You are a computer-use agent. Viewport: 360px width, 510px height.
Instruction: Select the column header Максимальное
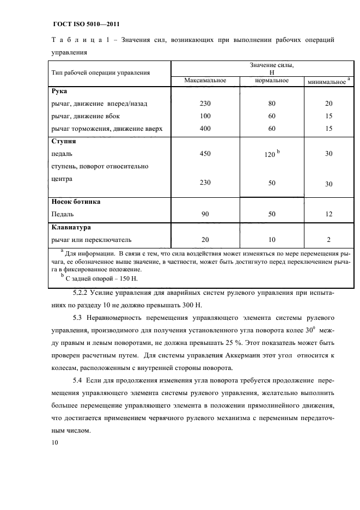point(205,81)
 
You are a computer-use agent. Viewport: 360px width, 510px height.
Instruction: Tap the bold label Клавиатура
point(71,227)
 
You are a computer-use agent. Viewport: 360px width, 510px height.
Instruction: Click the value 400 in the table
point(205,129)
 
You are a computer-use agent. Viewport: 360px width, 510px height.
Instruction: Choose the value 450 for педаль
point(205,154)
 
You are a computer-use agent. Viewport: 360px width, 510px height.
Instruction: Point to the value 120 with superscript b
point(270,155)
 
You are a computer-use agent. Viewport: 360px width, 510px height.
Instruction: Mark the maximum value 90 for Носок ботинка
point(205,215)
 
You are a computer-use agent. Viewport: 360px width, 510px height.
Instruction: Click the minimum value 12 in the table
point(328,215)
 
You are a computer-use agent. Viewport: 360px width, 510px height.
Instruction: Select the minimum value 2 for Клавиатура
point(328,240)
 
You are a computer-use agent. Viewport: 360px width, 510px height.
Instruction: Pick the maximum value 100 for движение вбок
point(205,116)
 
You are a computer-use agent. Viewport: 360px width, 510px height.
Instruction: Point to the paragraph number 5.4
point(80,379)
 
